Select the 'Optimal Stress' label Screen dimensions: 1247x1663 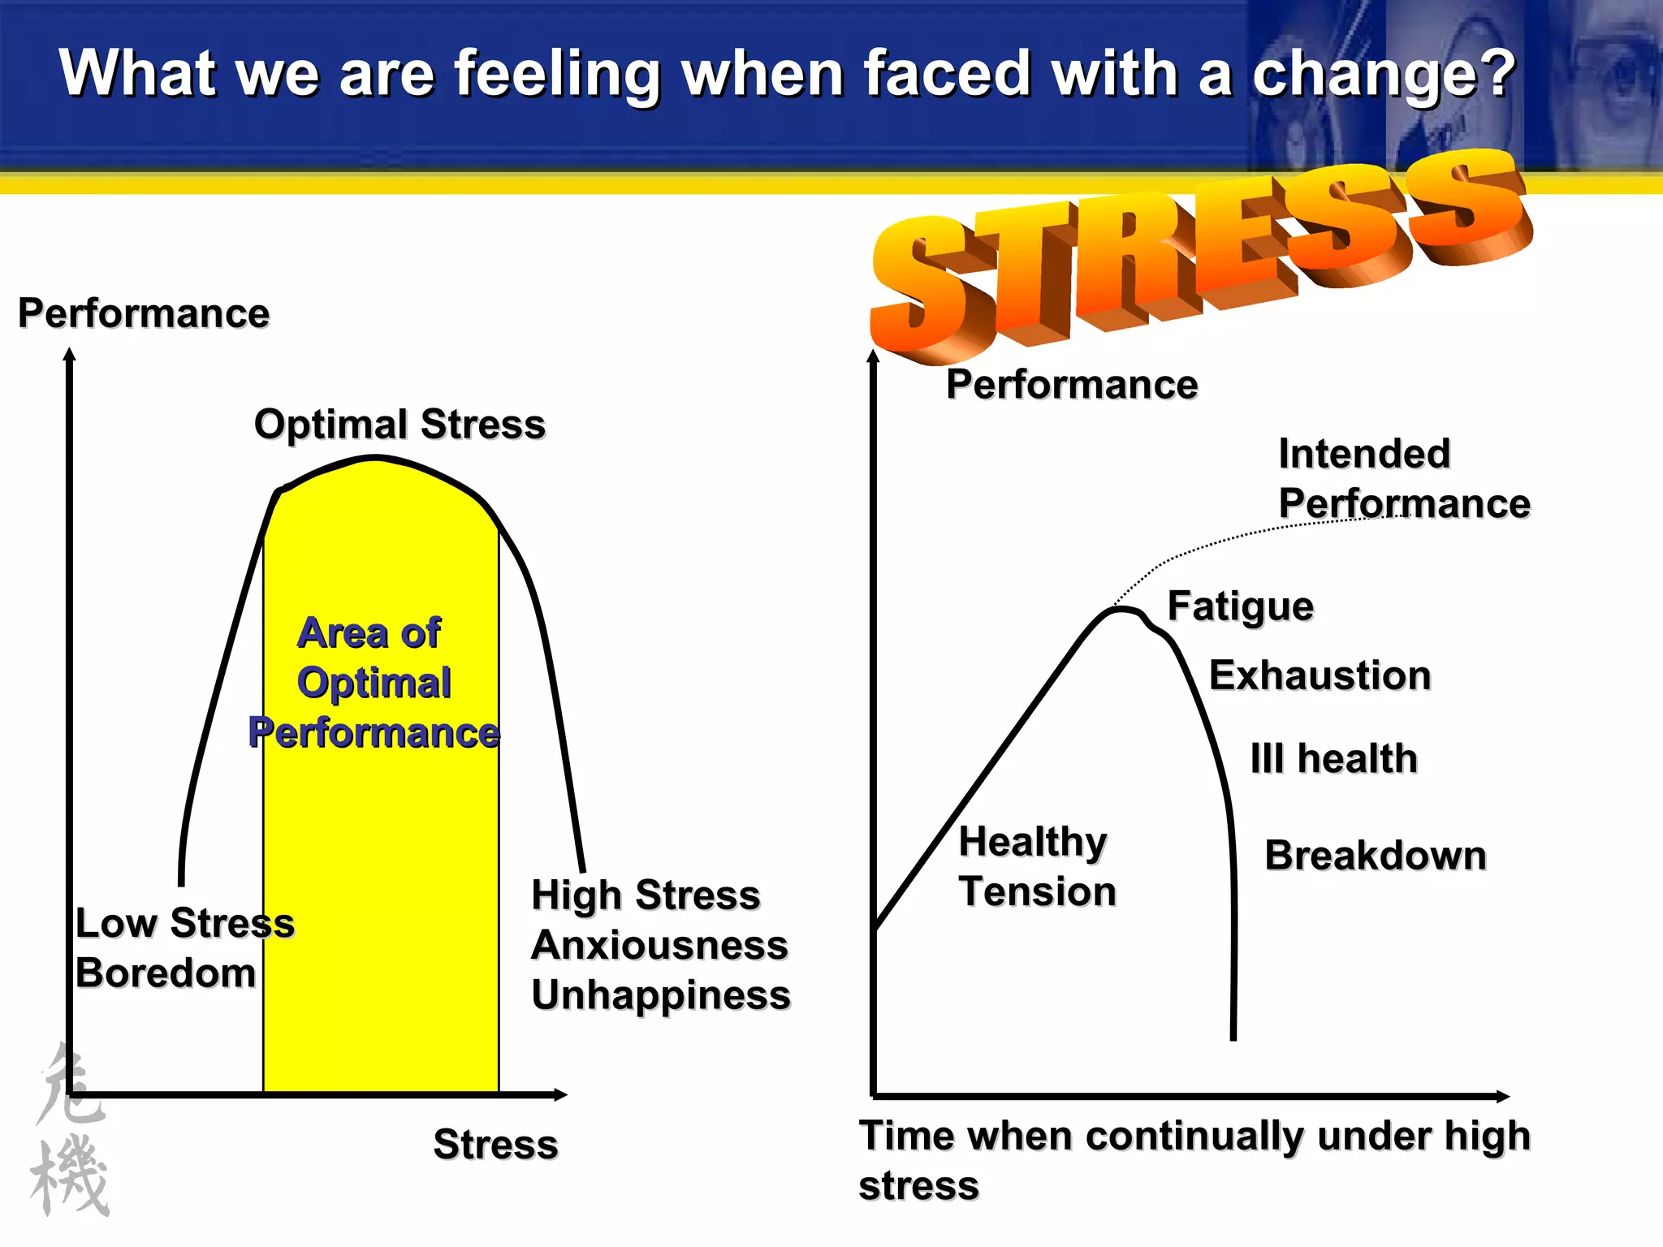coord(400,425)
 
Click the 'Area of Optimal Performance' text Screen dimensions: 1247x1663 coord(374,683)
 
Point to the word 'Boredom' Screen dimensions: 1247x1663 coord(166,973)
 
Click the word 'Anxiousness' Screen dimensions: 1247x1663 coord(659,945)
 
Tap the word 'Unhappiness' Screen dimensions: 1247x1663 coord(661,995)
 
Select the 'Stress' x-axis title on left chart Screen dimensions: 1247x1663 coord(495,1145)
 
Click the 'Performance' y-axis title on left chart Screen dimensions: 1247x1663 coord(144,313)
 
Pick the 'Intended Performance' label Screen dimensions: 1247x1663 coord(1403,479)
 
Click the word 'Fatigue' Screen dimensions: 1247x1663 coord(1240,606)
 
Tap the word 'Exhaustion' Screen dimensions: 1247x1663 coord(1320,675)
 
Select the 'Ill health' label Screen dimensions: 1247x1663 coord(1333,759)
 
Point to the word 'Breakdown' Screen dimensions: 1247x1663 coord(1376,856)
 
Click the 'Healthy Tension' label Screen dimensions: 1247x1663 coord(1037,866)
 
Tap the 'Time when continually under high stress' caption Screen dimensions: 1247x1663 coord(1194,1160)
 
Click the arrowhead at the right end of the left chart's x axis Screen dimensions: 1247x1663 coord(560,1095)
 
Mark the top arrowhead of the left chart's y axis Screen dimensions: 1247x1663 coord(70,355)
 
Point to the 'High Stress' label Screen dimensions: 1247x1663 coord(646,895)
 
